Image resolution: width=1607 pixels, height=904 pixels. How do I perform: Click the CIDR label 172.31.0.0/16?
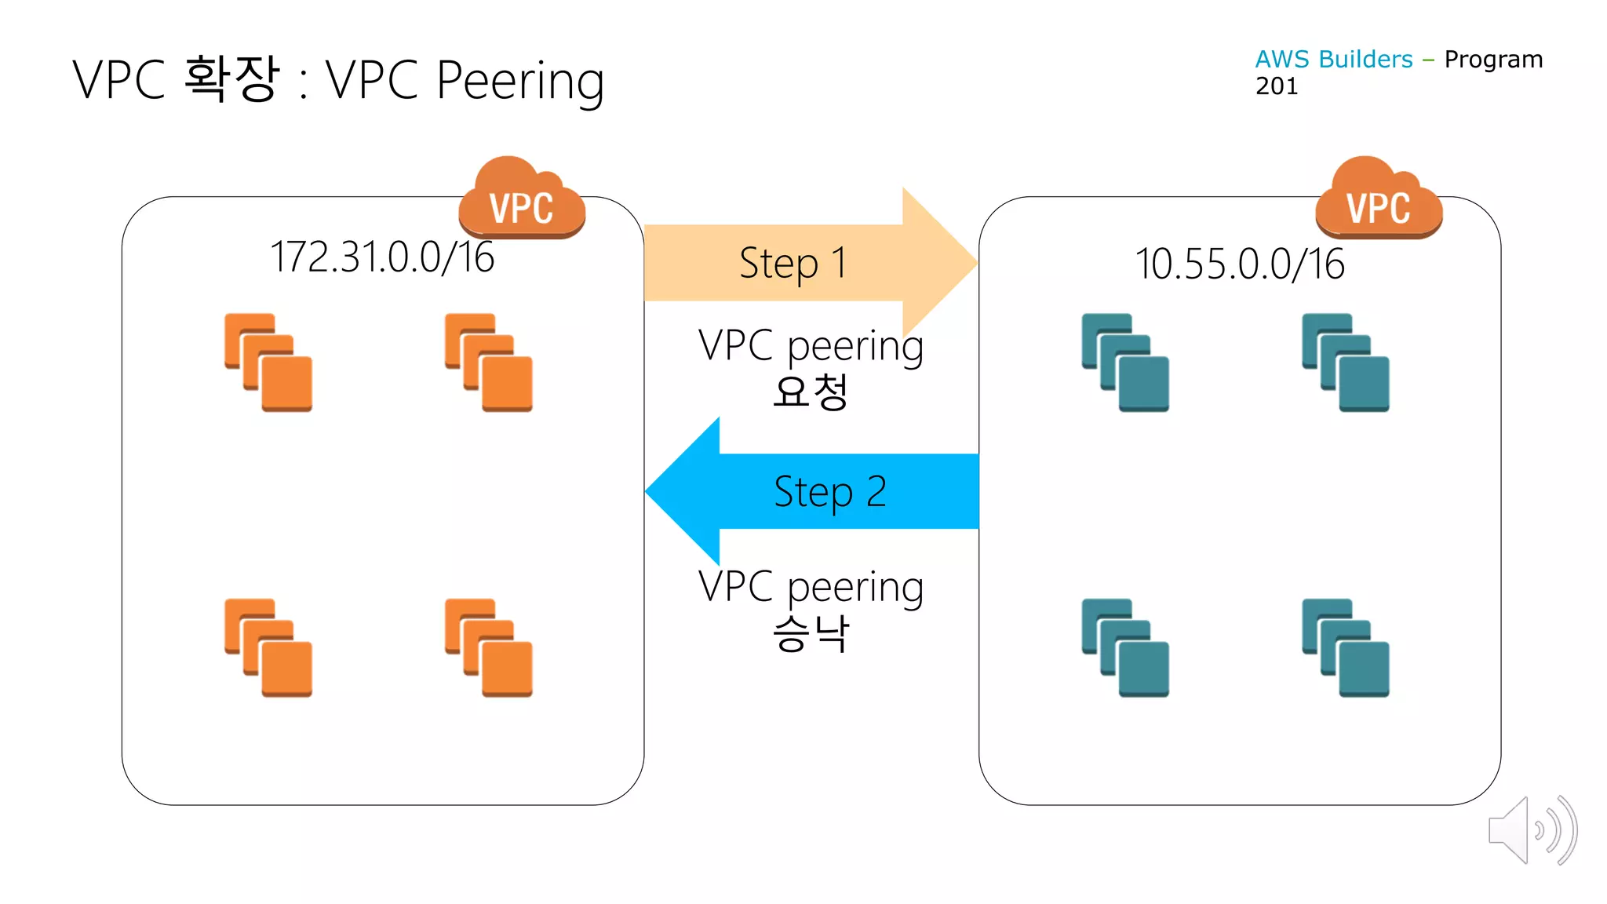tap(382, 257)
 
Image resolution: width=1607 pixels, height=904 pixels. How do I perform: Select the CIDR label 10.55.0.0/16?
tap(1240, 264)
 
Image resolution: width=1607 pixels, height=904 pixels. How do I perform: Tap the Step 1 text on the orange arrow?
tap(793, 263)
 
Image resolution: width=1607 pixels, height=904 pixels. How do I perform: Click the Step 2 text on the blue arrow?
tap(830, 492)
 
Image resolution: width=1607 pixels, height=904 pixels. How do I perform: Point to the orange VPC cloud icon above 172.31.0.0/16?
tap(522, 199)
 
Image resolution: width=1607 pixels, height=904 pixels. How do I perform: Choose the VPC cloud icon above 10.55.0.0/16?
tap(1379, 199)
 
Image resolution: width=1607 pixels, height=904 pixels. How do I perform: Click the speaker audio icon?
tap(1532, 830)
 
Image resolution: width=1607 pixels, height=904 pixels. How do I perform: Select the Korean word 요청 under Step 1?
tap(811, 391)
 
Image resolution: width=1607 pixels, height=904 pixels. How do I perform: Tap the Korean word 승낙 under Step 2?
tap(811, 632)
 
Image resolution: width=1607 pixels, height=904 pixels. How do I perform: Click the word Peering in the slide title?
tap(520, 81)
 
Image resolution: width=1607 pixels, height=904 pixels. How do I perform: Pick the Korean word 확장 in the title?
tap(232, 78)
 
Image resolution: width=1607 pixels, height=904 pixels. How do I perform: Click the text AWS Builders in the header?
tap(1333, 60)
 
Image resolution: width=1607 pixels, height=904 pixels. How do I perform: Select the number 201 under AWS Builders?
tap(1277, 86)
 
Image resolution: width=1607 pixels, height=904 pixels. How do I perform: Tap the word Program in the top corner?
tap(1493, 60)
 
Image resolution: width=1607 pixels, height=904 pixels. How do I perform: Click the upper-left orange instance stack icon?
tap(268, 363)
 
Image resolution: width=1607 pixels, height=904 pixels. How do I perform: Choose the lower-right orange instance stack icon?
tap(489, 647)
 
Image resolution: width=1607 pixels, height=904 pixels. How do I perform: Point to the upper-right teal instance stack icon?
tap(1346, 363)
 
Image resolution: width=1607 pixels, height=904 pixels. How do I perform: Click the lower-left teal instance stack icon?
tap(1125, 647)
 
